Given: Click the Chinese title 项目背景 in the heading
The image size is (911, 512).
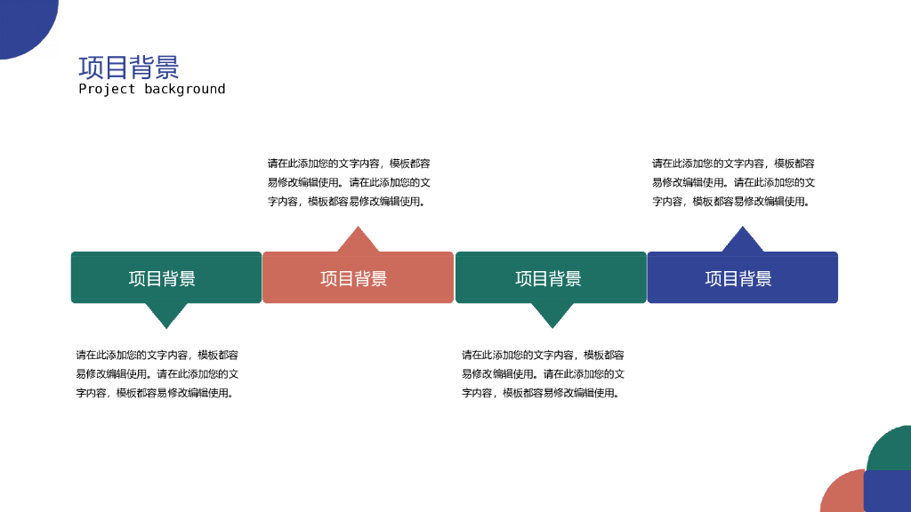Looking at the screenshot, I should (x=129, y=68).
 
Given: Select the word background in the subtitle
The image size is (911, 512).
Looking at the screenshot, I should (x=185, y=89).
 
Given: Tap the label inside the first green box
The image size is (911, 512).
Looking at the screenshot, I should (x=162, y=278).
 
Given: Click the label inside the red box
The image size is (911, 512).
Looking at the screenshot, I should (x=354, y=278).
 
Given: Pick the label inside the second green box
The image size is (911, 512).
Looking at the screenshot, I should (x=548, y=278).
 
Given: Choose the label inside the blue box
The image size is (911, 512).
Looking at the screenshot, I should (x=738, y=278).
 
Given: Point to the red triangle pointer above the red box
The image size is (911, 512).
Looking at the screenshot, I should (x=358, y=241).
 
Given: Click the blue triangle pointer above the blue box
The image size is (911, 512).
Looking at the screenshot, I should (x=742, y=241).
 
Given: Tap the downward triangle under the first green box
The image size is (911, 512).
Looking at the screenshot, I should (x=166, y=313).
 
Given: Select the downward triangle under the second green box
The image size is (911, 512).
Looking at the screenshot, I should (x=552, y=313).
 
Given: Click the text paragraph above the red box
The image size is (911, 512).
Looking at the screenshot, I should (x=349, y=182).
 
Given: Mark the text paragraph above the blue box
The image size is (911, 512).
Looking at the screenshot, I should (x=733, y=182).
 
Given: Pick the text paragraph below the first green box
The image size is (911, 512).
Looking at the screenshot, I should (x=157, y=373).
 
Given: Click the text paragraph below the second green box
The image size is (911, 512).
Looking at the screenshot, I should (x=543, y=373).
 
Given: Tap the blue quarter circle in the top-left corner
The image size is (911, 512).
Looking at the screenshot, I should (x=22, y=21).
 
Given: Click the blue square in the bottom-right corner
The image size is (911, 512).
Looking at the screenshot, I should (x=887, y=492).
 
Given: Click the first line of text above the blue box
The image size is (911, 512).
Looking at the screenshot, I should (x=733, y=164).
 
